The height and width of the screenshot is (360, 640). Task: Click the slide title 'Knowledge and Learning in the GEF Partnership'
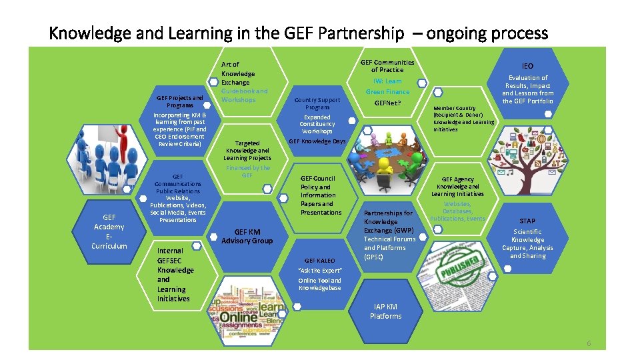(227, 33)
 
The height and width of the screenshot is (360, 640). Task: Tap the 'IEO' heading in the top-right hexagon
(527, 66)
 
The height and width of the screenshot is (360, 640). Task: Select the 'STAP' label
(527, 221)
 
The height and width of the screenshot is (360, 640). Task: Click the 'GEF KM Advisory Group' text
(247, 236)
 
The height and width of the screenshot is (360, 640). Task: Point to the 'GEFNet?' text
(387, 103)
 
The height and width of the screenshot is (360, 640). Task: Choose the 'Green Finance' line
(387, 91)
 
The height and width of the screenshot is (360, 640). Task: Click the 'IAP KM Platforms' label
(386, 311)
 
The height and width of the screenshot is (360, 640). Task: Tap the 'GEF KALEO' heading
(320, 260)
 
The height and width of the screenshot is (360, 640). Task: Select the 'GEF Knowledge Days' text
(317, 141)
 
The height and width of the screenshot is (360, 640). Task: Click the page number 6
(589, 343)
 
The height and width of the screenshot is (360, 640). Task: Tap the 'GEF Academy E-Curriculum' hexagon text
(109, 231)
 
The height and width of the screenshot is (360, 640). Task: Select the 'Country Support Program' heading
(317, 103)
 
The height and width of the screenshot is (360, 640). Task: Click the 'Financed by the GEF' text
(247, 171)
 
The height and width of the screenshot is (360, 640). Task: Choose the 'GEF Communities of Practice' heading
(387, 66)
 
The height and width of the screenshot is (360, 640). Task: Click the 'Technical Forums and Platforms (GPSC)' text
(389, 247)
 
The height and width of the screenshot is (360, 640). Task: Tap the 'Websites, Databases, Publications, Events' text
(457, 211)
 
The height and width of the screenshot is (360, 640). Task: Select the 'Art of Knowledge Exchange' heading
(238, 73)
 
